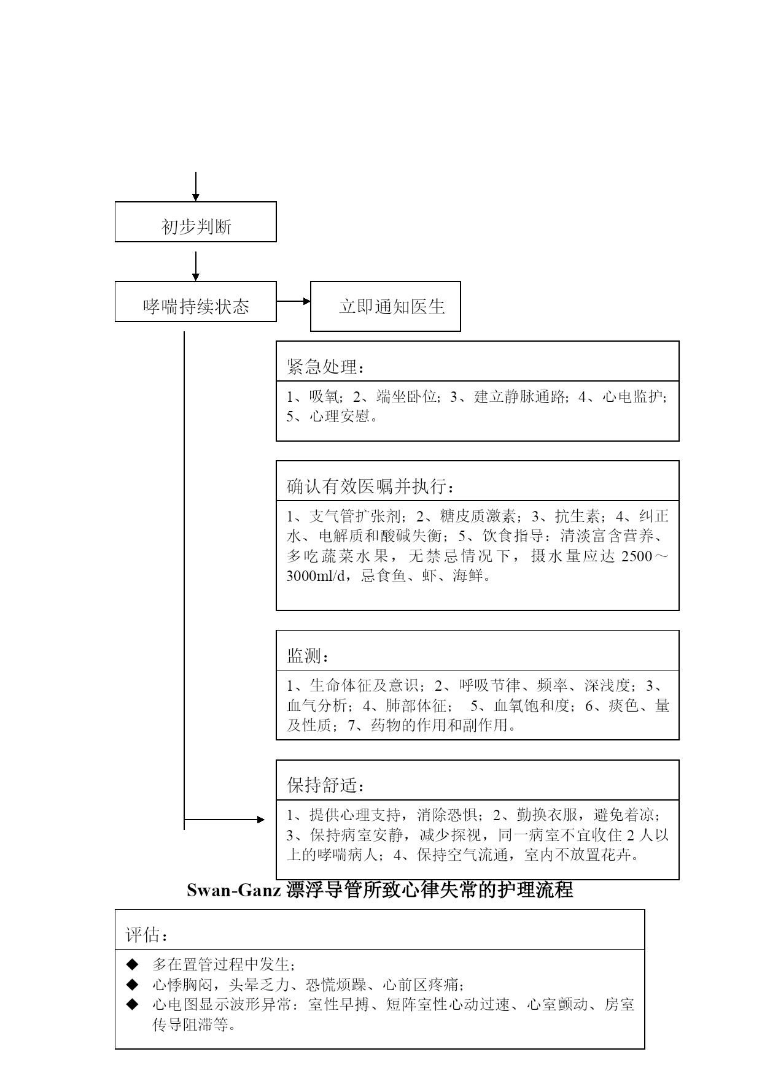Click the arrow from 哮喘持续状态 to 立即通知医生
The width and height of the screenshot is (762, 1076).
tap(294, 301)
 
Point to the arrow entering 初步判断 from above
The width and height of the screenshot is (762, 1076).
tap(195, 186)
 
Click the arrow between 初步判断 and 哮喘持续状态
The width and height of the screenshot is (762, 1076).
tap(195, 266)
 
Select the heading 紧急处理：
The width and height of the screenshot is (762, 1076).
tap(325, 367)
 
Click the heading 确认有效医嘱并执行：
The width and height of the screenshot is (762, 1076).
tap(371, 486)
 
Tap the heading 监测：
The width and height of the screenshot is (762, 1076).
tap(308, 656)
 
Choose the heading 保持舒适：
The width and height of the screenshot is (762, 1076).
tap(325, 785)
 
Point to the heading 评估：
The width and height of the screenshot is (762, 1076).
tap(147, 935)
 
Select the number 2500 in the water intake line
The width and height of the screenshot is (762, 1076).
tap(638, 556)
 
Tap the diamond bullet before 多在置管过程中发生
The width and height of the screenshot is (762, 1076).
tap(132, 964)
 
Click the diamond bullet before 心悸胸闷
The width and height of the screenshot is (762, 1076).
tap(132, 985)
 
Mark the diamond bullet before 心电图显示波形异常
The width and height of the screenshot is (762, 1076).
tap(132, 1004)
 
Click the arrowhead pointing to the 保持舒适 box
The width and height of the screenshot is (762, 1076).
tap(261, 820)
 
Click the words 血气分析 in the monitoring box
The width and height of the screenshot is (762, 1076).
tap(317, 706)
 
